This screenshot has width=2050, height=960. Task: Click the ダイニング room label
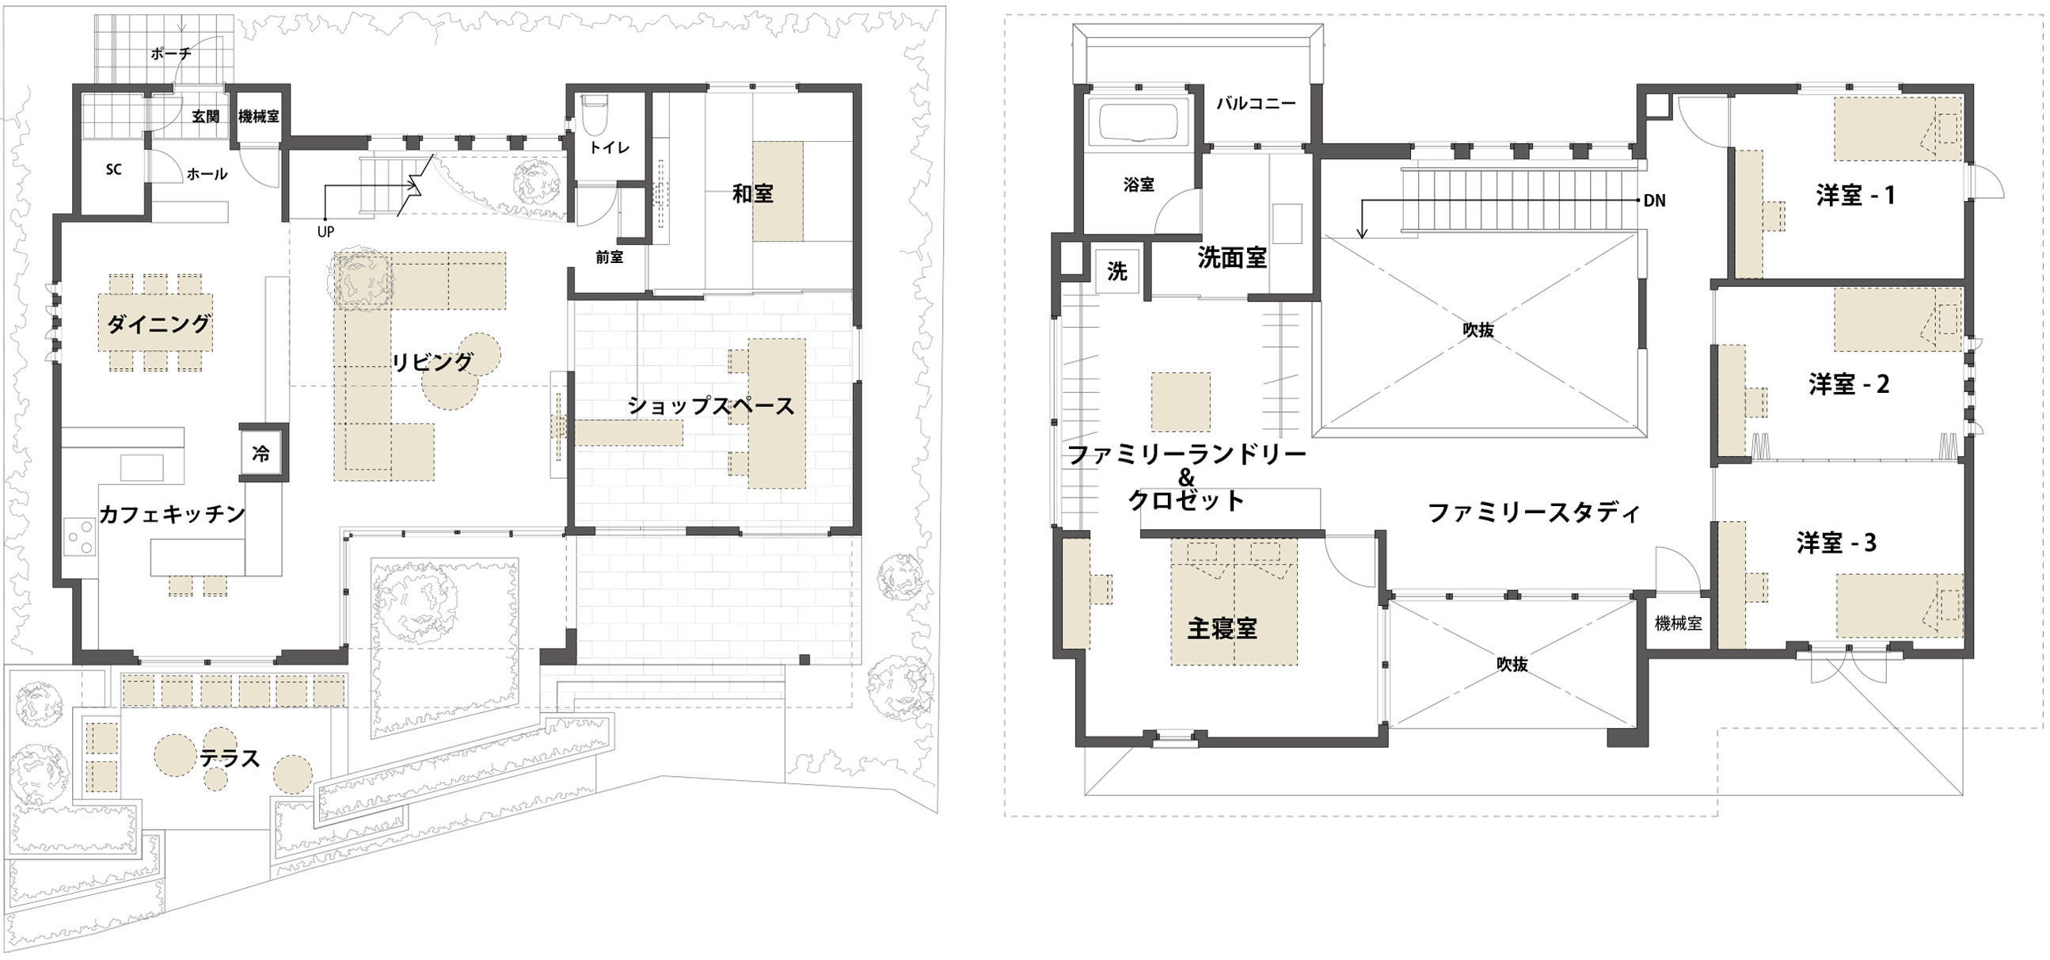click(158, 324)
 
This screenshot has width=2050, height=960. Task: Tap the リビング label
click(432, 362)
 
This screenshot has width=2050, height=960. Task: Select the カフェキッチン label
click(172, 514)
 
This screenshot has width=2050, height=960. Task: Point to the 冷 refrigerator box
click(261, 454)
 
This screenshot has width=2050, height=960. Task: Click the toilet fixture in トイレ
click(595, 116)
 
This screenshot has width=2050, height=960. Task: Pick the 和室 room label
click(753, 193)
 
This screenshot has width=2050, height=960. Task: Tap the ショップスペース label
click(711, 406)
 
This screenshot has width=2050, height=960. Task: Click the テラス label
click(230, 758)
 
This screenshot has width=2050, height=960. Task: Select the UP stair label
click(325, 231)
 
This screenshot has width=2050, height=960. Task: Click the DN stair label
click(1654, 200)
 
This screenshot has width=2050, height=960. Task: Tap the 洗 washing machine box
click(1117, 272)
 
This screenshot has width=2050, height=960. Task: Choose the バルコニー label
click(1257, 104)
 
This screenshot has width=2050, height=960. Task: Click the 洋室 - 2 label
click(1849, 384)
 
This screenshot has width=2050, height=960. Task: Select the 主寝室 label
click(1223, 629)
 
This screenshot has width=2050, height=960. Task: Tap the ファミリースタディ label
click(1535, 512)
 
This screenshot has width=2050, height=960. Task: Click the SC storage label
click(114, 170)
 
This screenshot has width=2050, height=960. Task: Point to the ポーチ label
click(170, 54)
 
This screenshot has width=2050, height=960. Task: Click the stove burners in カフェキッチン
click(80, 535)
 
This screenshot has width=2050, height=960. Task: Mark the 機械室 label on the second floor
click(1679, 624)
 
